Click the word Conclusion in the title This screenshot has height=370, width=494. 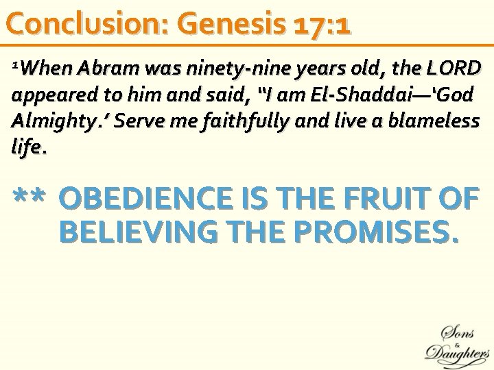click(85, 24)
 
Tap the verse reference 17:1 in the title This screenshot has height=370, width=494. click(322, 25)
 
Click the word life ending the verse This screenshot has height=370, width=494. click(27, 147)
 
